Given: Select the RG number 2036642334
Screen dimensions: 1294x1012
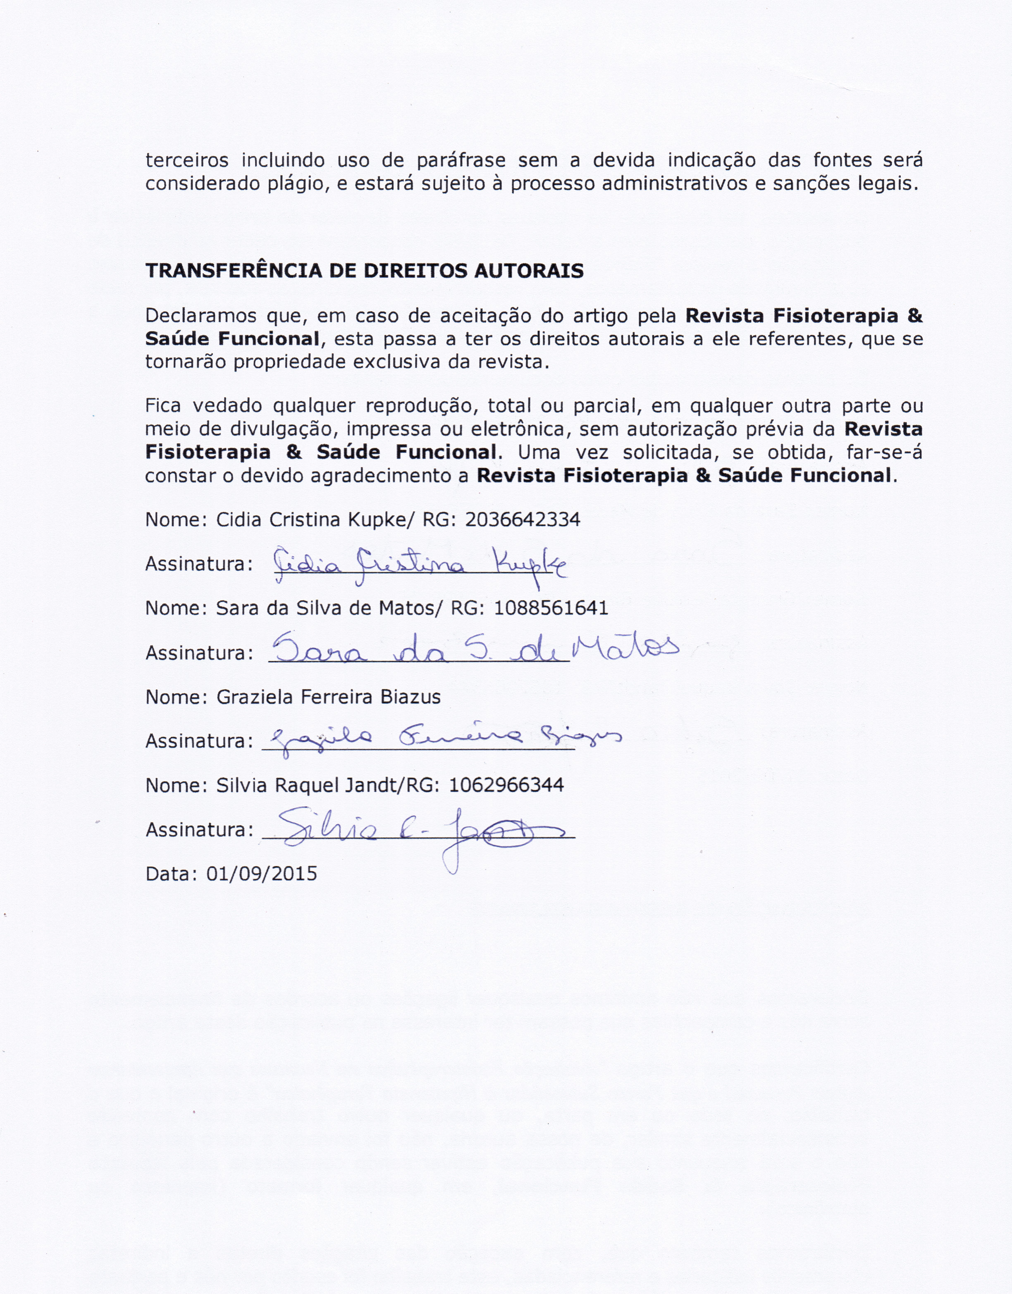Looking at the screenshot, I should coord(522,520).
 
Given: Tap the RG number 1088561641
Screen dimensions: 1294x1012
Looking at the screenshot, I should coord(550,608).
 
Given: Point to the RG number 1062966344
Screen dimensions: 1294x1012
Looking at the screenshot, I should coord(506,786).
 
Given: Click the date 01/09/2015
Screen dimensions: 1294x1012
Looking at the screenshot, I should coord(261,874).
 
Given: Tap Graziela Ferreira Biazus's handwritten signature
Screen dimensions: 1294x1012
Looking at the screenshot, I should coord(444,738).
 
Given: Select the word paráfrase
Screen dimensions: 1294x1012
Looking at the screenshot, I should coord(461,161).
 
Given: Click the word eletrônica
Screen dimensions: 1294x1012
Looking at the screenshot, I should coord(520,429).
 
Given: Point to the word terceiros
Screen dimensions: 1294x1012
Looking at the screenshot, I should coord(187,161).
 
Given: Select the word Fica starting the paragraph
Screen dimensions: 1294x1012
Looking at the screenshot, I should coord(164,406).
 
